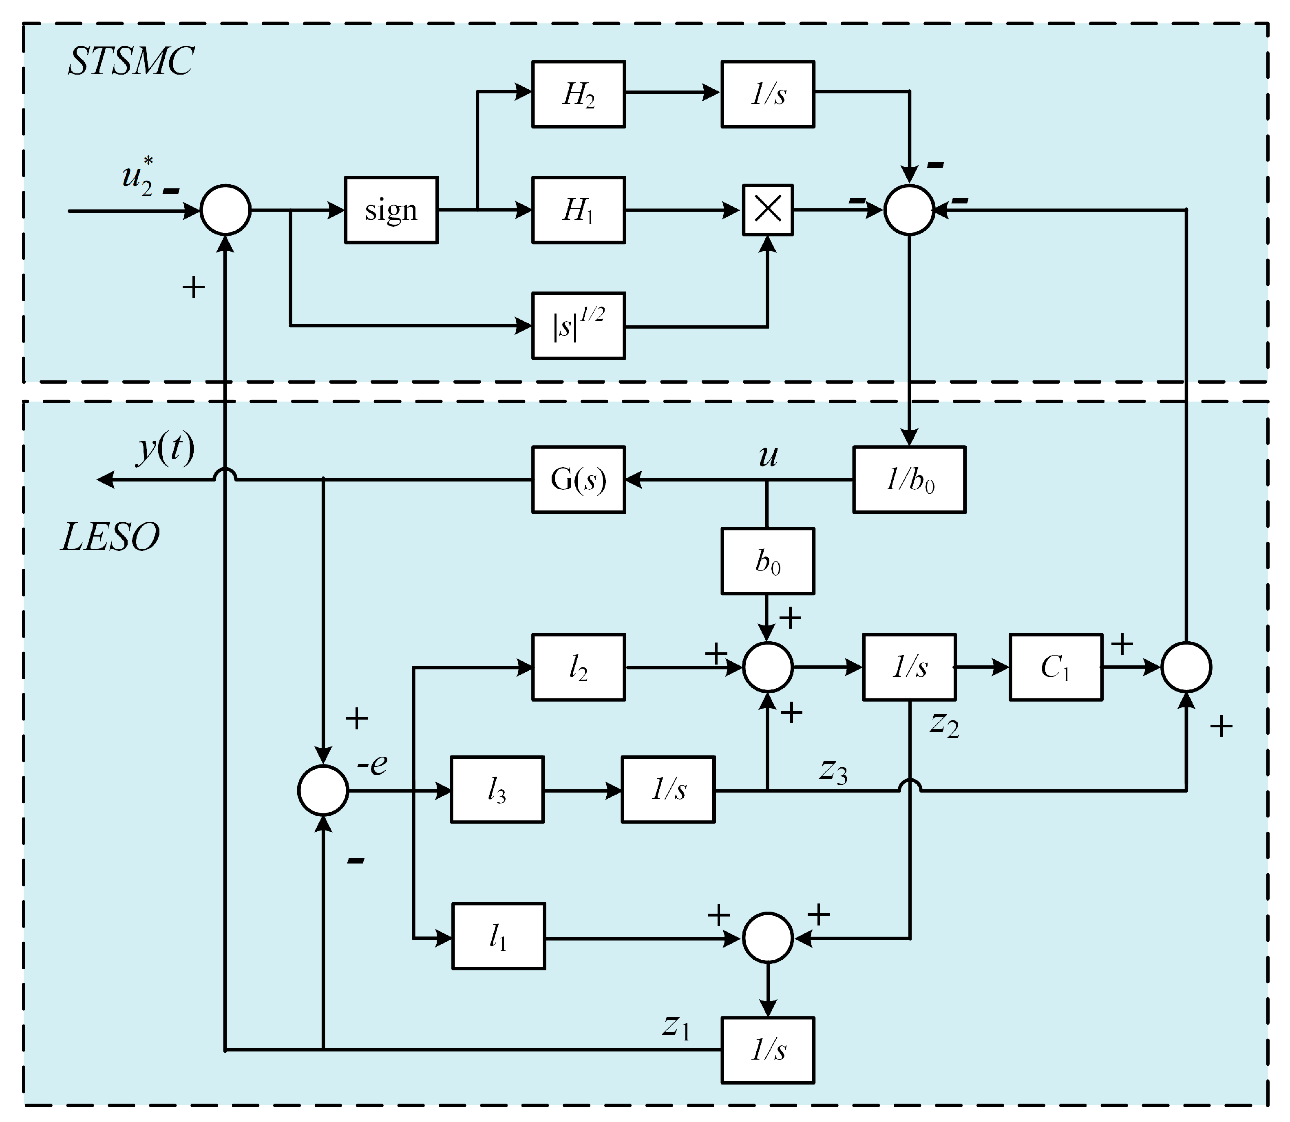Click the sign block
[391, 210]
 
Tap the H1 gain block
[578, 210]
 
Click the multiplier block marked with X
[768, 210]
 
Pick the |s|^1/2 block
[578, 326]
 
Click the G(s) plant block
[578, 479]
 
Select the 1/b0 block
[909, 479]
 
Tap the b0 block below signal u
[768, 561]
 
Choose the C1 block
[1056, 667]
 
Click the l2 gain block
[578, 667]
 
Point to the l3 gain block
[497, 790]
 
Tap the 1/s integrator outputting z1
[768, 1050]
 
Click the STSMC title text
[130, 61]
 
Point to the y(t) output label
[165, 448]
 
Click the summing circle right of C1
[1186, 667]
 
